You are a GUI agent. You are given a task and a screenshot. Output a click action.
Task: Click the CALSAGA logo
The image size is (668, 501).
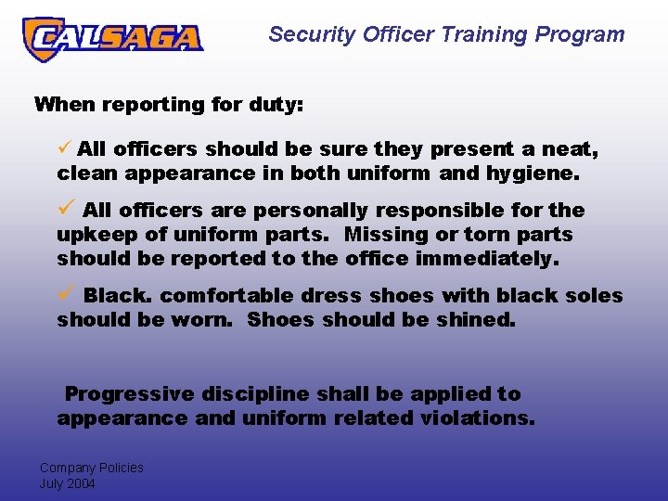[112, 39]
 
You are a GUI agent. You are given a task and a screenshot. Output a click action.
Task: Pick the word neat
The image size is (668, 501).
[567, 149]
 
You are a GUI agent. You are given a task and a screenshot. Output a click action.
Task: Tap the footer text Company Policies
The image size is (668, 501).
[91, 468]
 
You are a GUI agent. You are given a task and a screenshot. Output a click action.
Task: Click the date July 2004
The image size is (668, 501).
[67, 483]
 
